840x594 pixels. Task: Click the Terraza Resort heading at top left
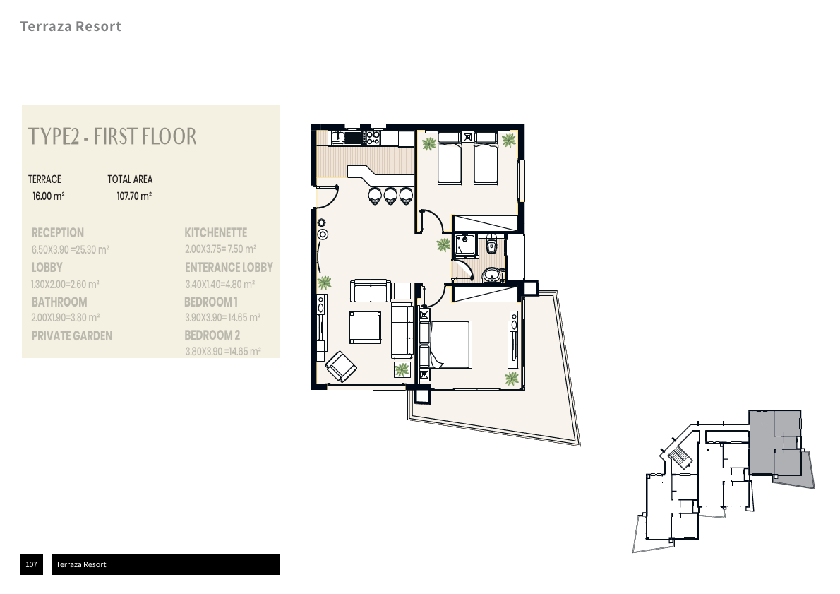tap(71, 26)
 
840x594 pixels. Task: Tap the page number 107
tap(32, 564)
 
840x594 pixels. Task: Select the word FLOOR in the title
tap(170, 136)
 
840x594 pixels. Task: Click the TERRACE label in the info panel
tap(44, 179)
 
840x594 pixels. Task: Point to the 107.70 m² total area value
tap(134, 196)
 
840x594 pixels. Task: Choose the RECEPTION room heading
tap(58, 232)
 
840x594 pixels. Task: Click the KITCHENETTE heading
tap(216, 232)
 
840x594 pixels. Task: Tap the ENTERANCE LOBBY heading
tap(229, 267)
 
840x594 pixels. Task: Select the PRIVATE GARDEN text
tap(72, 336)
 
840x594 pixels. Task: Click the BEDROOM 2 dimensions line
tap(223, 352)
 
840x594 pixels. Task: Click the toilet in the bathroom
tap(491, 246)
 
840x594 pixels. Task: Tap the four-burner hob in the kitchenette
tap(372, 138)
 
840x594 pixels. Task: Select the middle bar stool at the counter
tap(390, 196)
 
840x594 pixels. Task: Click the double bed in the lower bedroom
tap(445, 344)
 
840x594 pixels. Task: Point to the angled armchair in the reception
tap(341, 366)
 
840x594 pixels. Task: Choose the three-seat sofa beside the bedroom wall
tap(402, 331)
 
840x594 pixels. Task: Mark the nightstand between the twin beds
tap(468, 137)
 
